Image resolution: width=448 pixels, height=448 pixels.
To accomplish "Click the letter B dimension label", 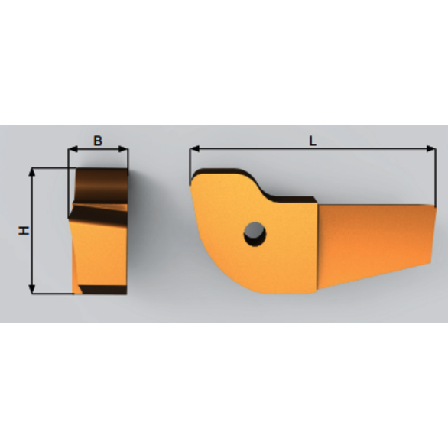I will (98, 141).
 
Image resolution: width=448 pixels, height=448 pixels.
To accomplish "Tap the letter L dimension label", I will (312, 140).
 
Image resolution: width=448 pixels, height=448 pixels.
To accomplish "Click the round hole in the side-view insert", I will (255, 234).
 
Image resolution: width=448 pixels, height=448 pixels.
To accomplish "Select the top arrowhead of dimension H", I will (32, 173).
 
